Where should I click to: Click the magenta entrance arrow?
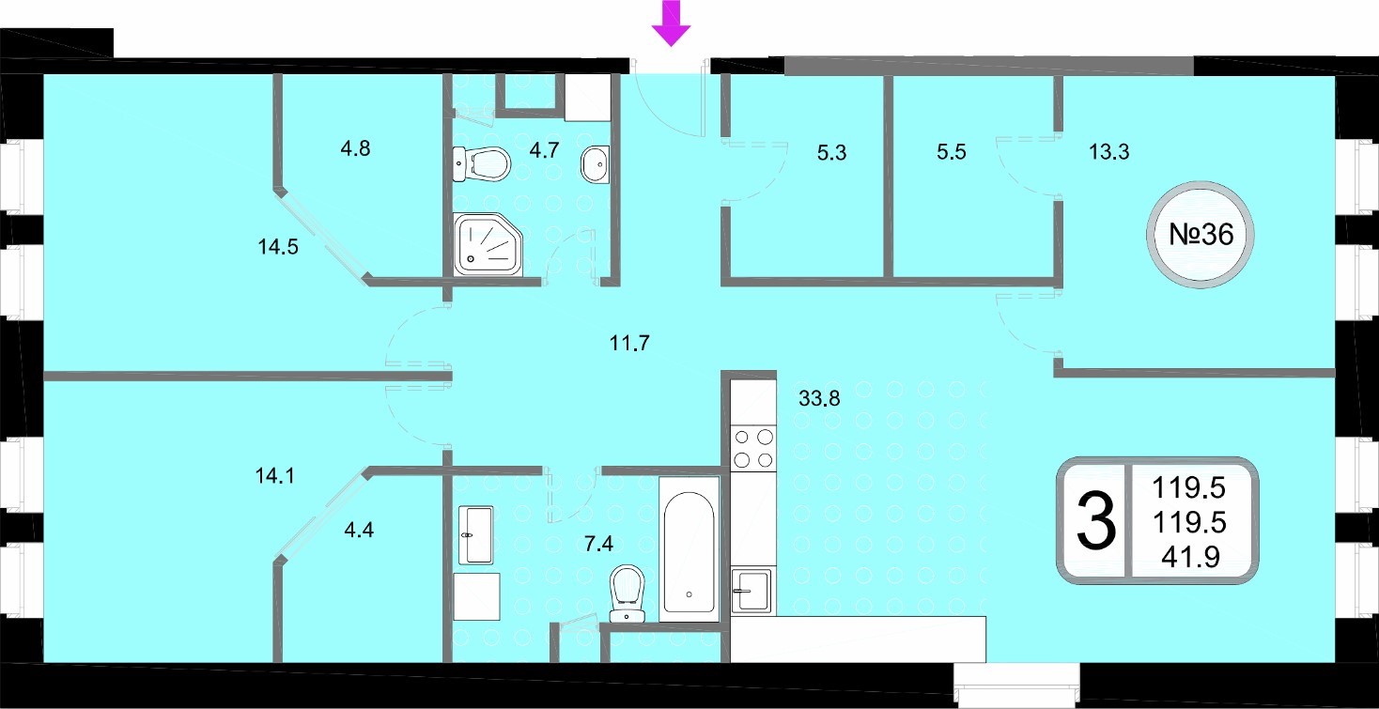(671, 23)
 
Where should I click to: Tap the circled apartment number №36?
(1201, 235)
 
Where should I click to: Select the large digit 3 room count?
(1096, 521)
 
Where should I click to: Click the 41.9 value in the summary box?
(1190, 557)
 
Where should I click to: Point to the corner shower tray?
(488, 244)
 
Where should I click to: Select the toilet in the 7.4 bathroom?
(627, 593)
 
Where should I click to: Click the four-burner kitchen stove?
(753, 449)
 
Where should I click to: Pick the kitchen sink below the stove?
(751, 591)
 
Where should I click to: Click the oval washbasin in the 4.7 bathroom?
(595, 164)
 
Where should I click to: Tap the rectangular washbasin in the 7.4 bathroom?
(476, 535)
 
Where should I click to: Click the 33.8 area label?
(819, 399)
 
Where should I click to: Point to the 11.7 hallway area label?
(629, 343)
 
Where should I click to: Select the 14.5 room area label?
(278, 247)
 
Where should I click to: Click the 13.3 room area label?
(1108, 151)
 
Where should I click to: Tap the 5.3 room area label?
(831, 152)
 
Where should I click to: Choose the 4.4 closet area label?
(359, 530)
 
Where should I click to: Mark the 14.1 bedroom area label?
(274, 476)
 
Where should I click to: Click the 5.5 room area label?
(952, 151)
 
